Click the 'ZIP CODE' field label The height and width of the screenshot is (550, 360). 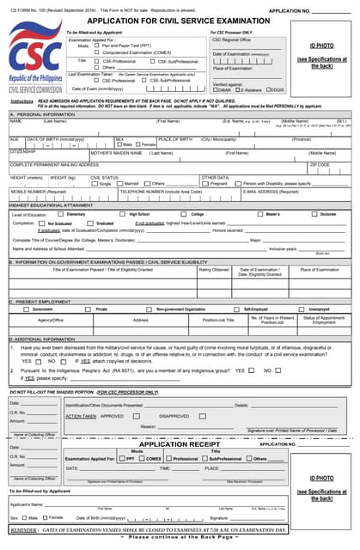pos(319,163)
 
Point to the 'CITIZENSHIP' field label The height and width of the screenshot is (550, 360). pos(23,151)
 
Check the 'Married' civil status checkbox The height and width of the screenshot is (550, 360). pos(121,183)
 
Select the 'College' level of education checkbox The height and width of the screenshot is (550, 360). pos(186,214)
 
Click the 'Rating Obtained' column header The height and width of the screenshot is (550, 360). pos(214,269)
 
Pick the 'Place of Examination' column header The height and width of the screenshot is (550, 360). pos(319,269)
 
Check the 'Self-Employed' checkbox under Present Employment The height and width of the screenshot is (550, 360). pos(238,309)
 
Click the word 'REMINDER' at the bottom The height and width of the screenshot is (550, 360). pos(25,532)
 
